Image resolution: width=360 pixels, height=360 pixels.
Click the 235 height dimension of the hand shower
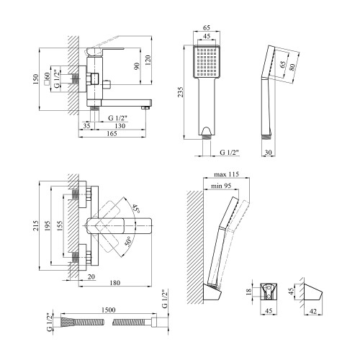click(181, 92)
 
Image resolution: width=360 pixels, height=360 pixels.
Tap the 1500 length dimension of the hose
click(108, 310)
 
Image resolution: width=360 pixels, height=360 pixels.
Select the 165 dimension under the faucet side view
click(112, 133)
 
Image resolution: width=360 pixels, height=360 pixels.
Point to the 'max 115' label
click(226, 174)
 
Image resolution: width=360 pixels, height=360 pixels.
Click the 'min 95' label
click(221, 186)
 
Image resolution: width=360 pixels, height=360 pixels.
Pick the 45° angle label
click(135, 208)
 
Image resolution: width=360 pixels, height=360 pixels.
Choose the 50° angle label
click(128, 241)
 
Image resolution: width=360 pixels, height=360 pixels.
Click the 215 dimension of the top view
click(35, 225)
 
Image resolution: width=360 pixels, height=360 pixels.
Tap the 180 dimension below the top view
click(115, 283)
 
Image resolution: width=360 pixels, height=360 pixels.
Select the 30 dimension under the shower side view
click(268, 152)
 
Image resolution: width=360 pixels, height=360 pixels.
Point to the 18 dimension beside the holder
click(249, 292)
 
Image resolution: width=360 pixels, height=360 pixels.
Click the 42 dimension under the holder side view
click(313, 311)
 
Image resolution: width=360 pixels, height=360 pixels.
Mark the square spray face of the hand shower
click(207, 61)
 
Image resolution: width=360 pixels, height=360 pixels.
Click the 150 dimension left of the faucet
click(35, 79)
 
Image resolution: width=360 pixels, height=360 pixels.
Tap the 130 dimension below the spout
click(120, 126)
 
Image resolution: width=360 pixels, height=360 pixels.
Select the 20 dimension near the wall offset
click(91, 276)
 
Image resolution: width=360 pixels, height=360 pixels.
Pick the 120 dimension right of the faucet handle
click(148, 60)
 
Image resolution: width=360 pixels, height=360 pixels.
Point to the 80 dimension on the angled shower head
click(292, 68)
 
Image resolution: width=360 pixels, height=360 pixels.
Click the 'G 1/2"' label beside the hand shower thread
click(230, 152)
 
